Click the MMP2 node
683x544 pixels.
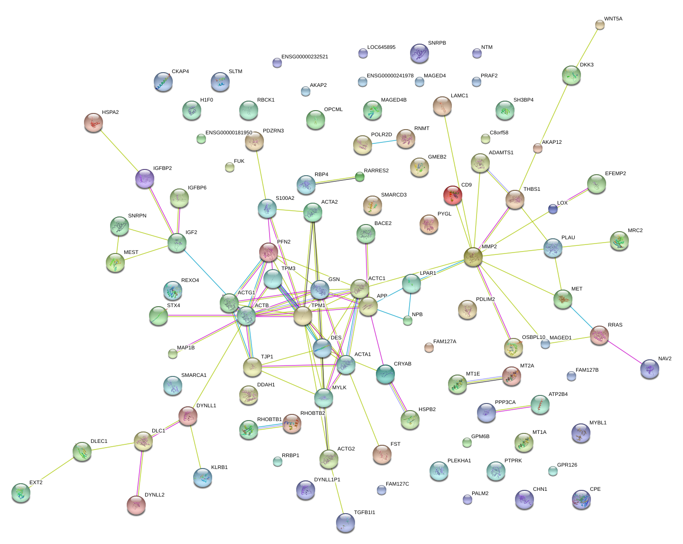[473, 257]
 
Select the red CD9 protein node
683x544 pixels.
[452, 195]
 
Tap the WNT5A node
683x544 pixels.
[600, 25]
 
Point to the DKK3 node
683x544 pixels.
[571, 75]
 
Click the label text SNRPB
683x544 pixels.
[437, 43]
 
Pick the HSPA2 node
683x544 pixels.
[94, 122]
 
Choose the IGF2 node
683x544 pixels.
[177, 243]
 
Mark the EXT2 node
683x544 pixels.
[21, 493]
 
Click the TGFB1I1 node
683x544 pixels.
[345, 523]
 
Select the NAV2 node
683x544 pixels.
[650, 369]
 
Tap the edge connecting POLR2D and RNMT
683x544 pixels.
[384, 142]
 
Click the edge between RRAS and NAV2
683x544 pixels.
[625, 352]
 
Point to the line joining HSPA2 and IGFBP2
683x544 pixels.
[119, 150]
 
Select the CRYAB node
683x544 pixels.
[385, 374]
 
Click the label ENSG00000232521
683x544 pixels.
[305, 57]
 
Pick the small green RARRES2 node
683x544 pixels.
[360, 177]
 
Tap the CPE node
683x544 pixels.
[581, 499]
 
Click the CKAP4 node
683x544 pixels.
[163, 82]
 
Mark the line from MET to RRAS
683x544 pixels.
[581, 317]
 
